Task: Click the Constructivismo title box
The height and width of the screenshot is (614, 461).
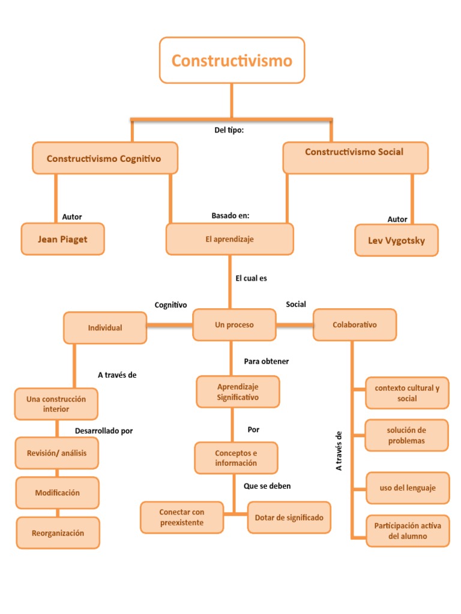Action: [x=232, y=60]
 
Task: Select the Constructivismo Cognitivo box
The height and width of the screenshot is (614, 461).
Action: [x=104, y=158]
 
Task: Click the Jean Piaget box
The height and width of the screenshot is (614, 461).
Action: [x=62, y=239]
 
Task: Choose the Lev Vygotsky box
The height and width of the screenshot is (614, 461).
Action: [x=396, y=240]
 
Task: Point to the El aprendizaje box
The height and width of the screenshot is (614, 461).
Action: [x=229, y=239]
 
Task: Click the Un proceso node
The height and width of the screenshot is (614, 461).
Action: [x=234, y=325]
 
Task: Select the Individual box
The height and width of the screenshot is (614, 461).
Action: [x=105, y=328]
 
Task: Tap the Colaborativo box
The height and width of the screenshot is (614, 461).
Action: [x=355, y=325]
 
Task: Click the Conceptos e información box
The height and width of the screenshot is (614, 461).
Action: [x=236, y=458]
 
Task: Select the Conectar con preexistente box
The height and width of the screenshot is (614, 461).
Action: [x=182, y=517]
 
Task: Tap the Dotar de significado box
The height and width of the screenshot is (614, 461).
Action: [x=289, y=517]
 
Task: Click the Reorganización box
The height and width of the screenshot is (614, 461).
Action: [x=58, y=533]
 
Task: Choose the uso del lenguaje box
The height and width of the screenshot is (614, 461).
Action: [x=407, y=488]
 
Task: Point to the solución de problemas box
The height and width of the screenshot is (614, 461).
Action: [x=406, y=435]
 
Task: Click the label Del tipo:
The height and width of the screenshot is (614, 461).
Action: [x=229, y=131]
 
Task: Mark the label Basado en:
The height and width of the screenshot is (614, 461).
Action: [x=230, y=215]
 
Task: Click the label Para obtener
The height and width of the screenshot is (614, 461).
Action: [x=266, y=362]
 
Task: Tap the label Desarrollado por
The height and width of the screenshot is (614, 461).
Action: [x=104, y=431]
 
